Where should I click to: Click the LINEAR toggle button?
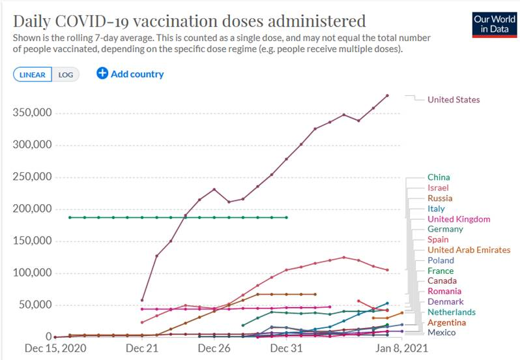coord(32,74)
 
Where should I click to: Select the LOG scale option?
coord(66,74)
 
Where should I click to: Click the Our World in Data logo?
coord(495,24)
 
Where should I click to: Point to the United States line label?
coord(454,100)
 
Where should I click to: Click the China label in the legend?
coord(439,177)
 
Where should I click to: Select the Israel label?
coord(439,188)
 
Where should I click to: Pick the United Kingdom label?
coord(459,219)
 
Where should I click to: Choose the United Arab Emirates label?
coord(469,250)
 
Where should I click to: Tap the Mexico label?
coord(441,333)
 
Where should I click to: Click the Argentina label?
coord(446,322)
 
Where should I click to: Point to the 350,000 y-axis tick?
coord(33,113)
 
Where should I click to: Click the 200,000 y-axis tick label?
coord(33,209)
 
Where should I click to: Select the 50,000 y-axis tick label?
coord(35,305)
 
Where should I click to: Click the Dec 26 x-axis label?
coord(214,348)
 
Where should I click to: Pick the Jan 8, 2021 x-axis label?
coord(387,348)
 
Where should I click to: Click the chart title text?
coord(189,20)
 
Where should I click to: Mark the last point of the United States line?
coord(388,96)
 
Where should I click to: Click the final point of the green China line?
coord(287,217)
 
